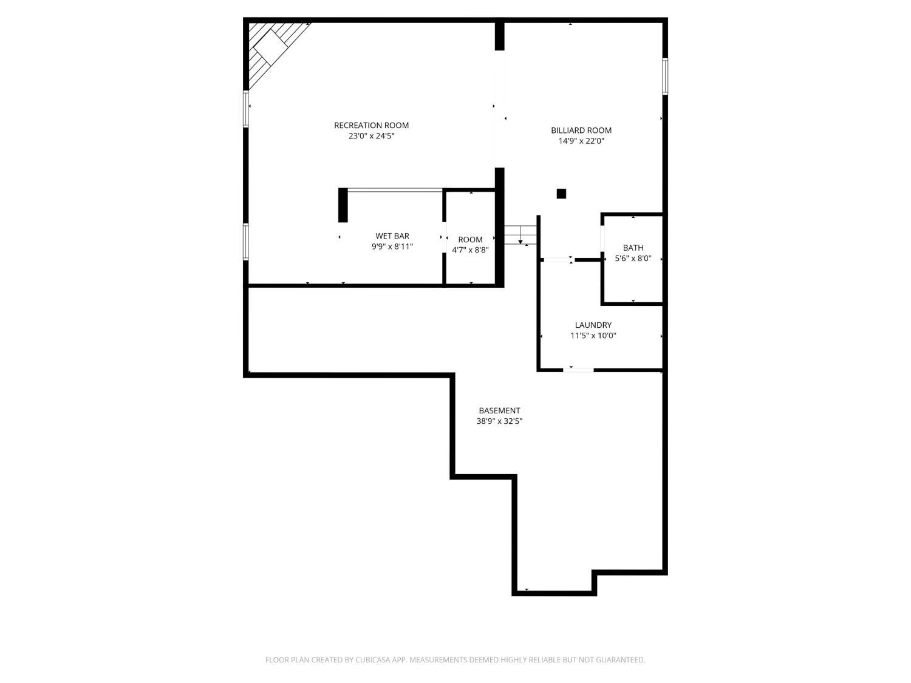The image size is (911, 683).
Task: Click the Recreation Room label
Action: pyautogui.click(x=371, y=126)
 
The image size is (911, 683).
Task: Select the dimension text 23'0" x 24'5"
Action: pyautogui.click(x=371, y=137)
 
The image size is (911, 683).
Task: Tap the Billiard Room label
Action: pyautogui.click(x=581, y=131)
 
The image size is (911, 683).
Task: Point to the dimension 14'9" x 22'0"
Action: pyautogui.click(x=581, y=141)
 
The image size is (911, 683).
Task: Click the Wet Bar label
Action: pyautogui.click(x=392, y=236)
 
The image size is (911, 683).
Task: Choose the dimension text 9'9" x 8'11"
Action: pyautogui.click(x=392, y=247)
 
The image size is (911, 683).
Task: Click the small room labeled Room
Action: pyautogui.click(x=470, y=240)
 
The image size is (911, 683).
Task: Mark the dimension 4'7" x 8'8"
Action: pyautogui.click(x=470, y=250)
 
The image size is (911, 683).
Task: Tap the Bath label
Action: pyautogui.click(x=633, y=248)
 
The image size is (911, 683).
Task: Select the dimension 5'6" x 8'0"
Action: pyautogui.click(x=633, y=259)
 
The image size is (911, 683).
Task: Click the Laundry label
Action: pyautogui.click(x=593, y=325)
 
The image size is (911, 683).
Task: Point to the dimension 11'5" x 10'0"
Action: pyautogui.click(x=593, y=336)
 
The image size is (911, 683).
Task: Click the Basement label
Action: pyautogui.click(x=499, y=411)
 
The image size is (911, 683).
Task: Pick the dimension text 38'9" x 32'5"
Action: pyautogui.click(x=499, y=421)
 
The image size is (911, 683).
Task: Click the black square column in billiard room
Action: pyautogui.click(x=561, y=194)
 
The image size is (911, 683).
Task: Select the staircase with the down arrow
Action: pyautogui.click(x=520, y=235)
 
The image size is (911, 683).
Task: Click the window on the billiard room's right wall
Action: pyautogui.click(x=665, y=76)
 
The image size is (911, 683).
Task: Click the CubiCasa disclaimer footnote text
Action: pyautogui.click(x=455, y=660)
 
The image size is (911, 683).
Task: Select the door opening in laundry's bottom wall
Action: pyautogui.click(x=578, y=369)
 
